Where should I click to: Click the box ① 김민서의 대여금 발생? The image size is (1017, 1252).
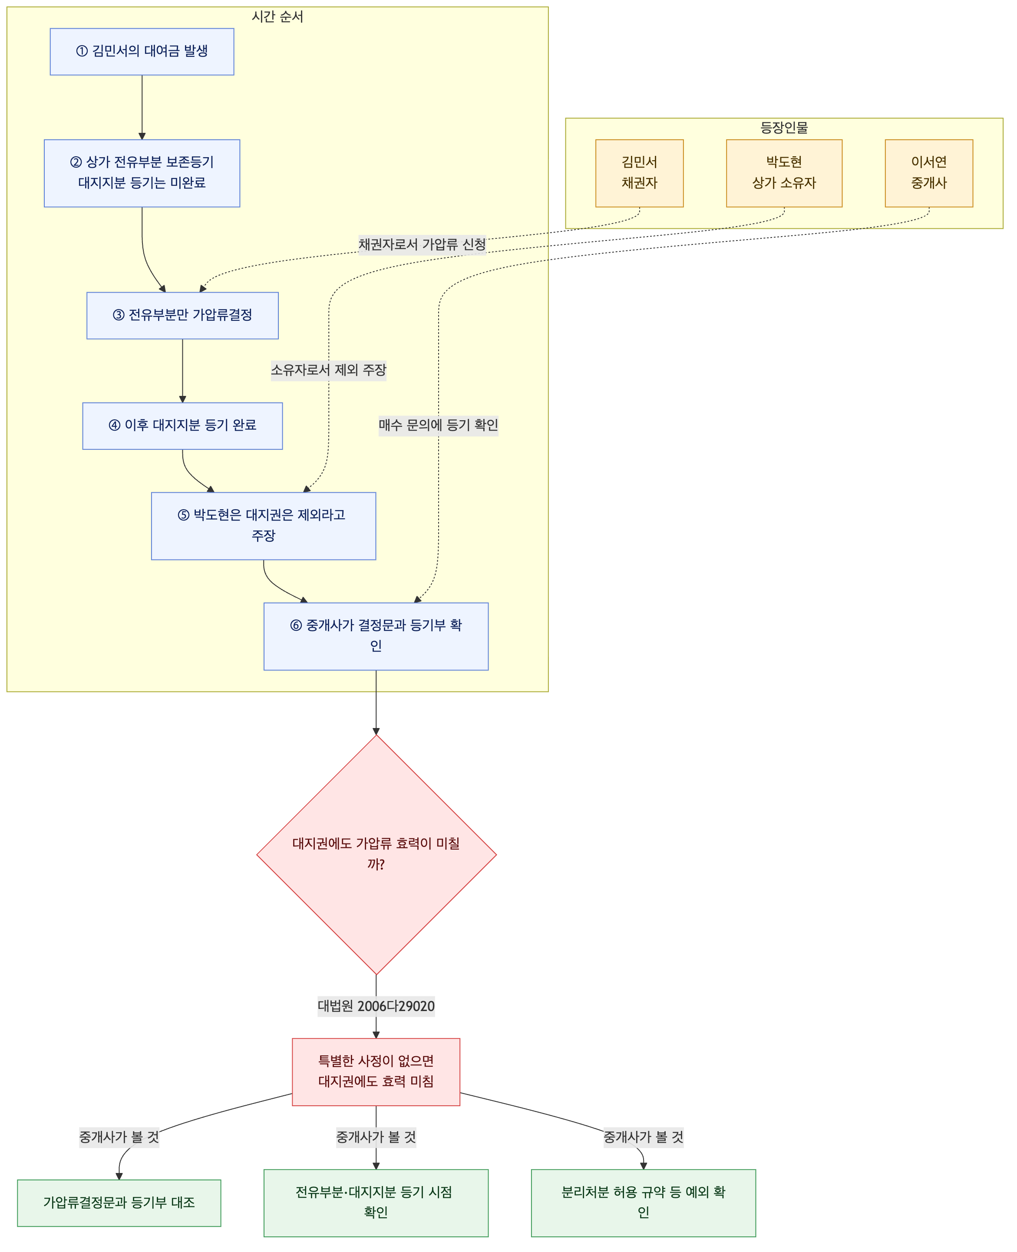[142, 52]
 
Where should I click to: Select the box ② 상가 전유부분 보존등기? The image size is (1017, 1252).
[142, 173]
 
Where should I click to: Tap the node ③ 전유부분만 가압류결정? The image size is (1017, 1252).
[182, 316]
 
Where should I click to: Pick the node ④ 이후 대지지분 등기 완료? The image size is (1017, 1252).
[182, 426]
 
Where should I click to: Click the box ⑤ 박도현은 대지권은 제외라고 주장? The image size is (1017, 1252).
[264, 526]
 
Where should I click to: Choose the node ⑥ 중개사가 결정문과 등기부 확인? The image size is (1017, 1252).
[376, 636]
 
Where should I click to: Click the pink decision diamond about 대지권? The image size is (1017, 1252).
[376, 854]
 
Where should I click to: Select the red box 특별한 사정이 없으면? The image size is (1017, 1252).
[376, 1072]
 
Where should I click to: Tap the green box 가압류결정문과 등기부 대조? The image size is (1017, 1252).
[119, 1203]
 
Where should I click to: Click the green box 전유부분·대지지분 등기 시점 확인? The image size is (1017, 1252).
[376, 1203]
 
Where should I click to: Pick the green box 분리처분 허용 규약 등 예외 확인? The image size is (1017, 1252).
[643, 1203]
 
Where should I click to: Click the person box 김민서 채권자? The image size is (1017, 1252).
[640, 173]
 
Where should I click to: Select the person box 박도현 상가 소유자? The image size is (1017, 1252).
[784, 173]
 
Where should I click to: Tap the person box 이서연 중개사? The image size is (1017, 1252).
[929, 173]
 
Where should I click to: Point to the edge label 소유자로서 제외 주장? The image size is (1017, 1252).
[329, 370]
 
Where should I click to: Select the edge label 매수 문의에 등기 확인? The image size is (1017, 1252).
[438, 425]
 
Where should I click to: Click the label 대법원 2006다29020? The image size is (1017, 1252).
[376, 1006]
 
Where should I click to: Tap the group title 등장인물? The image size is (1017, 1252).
[784, 128]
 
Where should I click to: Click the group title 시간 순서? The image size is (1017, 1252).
[277, 16]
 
